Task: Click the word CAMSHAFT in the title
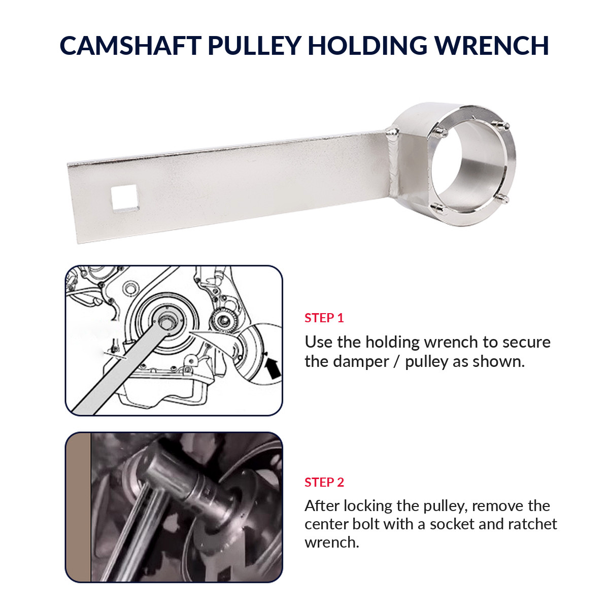tap(130, 45)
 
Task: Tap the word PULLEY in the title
tap(254, 45)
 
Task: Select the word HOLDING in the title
tap(367, 45)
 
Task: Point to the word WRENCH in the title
tap(491, 45)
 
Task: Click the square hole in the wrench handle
tap(124, 198)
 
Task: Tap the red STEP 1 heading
tap(324, 318)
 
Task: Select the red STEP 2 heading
tap(324, 482)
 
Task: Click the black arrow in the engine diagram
tap(273, 367)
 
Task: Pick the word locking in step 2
tap(368, 506)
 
